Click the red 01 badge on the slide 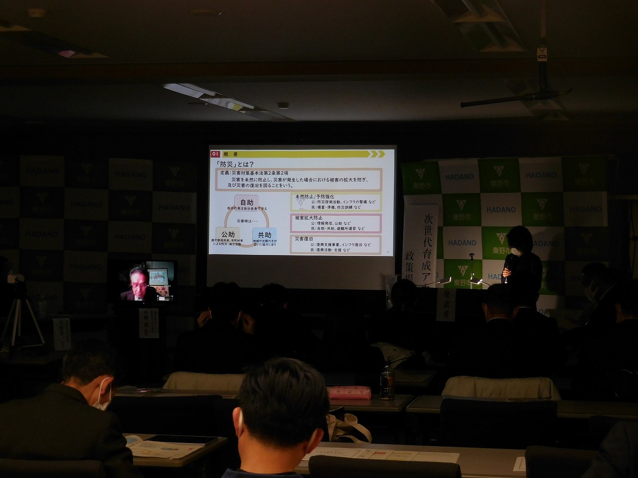click(215, 153)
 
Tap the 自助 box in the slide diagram click(246, 203)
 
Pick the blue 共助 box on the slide click(265, 235)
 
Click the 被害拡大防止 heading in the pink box click(309, 218)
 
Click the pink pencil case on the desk click(349, 392)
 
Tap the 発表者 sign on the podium click(446, 304)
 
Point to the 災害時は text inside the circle click(247, 221)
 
